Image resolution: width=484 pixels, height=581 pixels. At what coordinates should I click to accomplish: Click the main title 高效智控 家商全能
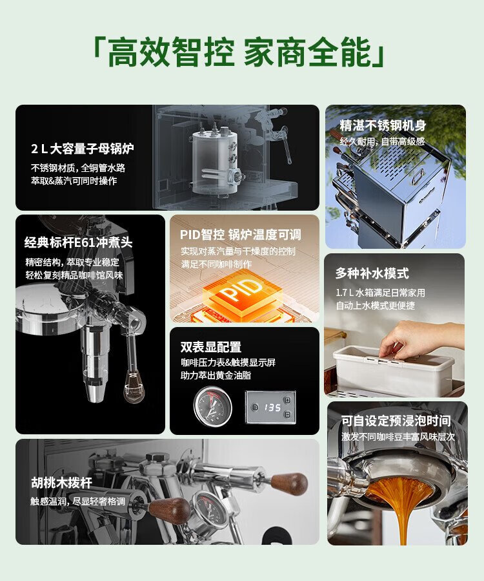(x=239, y=52)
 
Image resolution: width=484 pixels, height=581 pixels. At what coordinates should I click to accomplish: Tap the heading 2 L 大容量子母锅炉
(x=82, y=149)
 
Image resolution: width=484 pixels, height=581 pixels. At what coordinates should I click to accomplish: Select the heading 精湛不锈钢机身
(x=383, y=125)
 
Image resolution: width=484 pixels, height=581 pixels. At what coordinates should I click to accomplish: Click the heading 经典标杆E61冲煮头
(x=79, y=242)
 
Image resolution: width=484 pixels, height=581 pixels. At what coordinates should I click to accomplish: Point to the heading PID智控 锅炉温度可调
(x=241, y=235)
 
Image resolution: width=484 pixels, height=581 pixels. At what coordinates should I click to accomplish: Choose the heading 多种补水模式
(x=372, y=273)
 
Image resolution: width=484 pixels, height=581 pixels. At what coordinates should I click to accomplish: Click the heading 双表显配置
(x=211, y=347)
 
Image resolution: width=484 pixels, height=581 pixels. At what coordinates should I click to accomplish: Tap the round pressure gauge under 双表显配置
(x=213, y=407)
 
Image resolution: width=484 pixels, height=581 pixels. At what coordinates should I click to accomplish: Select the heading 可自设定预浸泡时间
(x=396, y=421)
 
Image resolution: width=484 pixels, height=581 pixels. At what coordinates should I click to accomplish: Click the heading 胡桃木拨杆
(x=61, y=482)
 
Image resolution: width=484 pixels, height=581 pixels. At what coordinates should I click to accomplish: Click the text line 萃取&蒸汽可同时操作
(x=74, y=181)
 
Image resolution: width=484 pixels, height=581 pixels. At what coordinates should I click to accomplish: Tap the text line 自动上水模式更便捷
(x=375, y=305)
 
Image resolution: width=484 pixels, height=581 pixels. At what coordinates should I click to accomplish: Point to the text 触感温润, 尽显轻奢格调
(x=77, y=502)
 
